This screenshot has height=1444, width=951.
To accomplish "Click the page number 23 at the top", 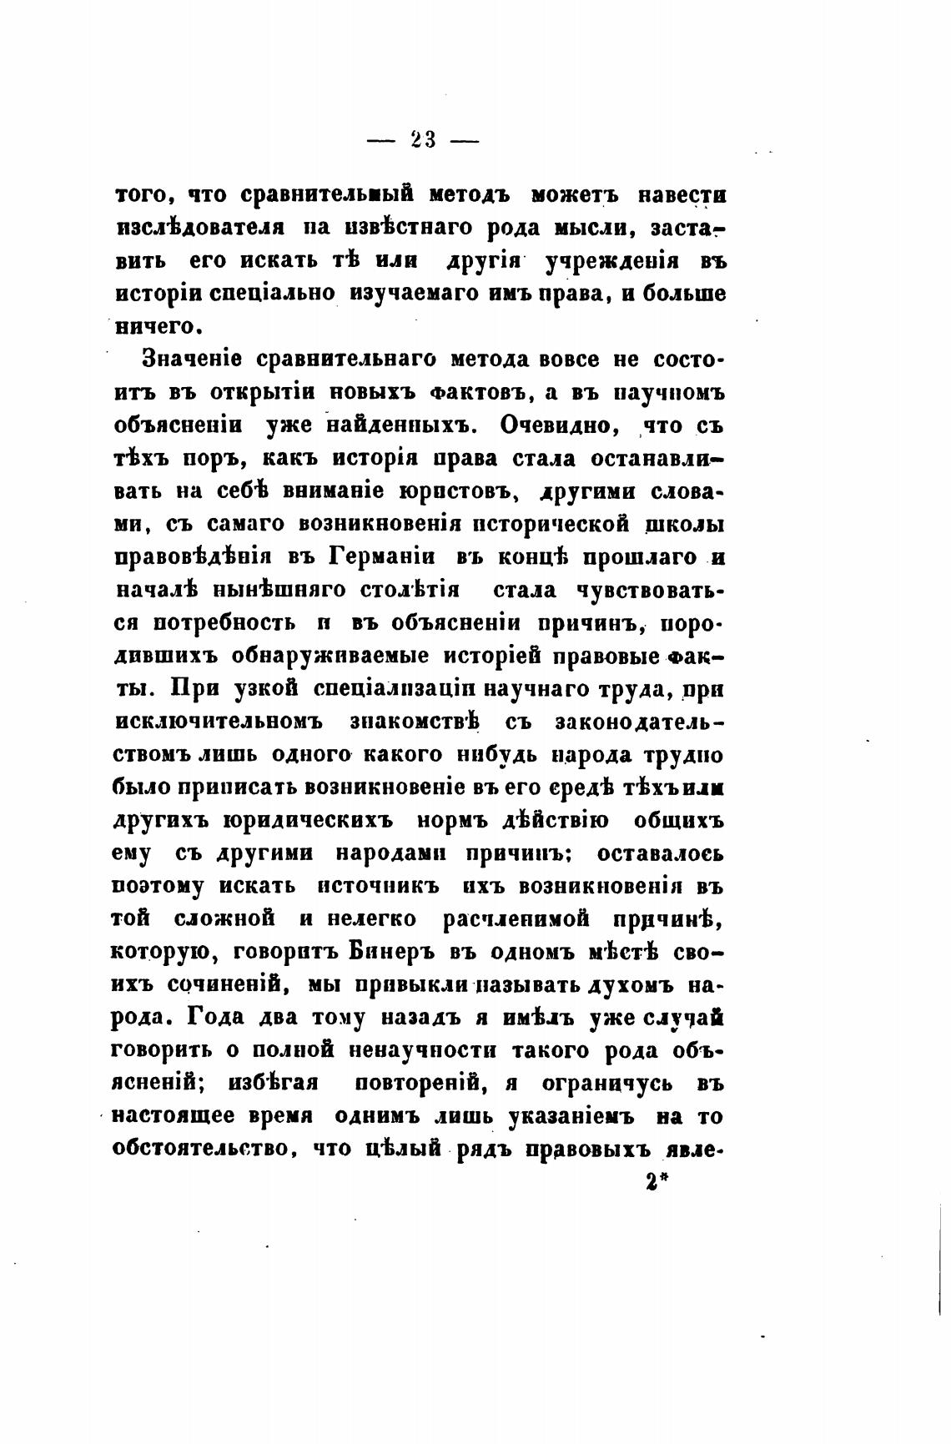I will tap(423, 141).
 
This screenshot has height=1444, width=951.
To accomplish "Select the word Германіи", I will tap(380, 556).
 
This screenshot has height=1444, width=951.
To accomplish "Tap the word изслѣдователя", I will tap(201, 227).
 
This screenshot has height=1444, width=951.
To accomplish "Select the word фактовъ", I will tap(468, 392).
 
